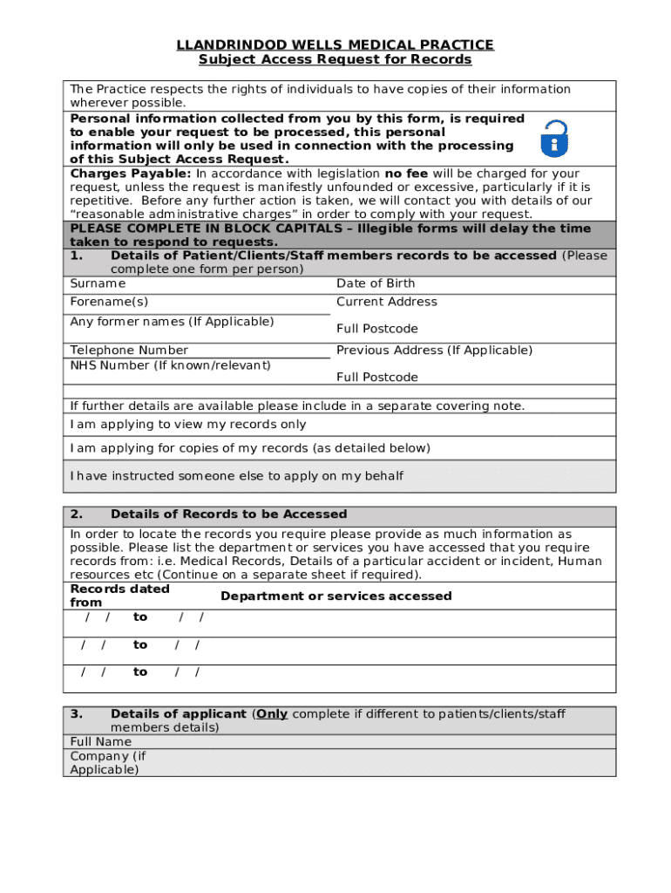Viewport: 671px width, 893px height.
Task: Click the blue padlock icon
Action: [553, 139]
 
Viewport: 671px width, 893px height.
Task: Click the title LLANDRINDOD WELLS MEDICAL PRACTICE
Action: [335, 44]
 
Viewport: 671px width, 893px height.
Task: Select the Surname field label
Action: [98, 283]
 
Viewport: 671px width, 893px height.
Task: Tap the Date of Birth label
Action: [376, 283]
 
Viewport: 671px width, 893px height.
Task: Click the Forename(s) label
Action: [109, 302]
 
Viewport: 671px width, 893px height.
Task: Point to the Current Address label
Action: [387, 302]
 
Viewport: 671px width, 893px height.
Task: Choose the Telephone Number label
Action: [129, 351]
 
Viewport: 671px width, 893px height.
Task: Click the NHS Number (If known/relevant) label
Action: [170, 365]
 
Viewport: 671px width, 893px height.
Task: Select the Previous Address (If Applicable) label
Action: [434, 351]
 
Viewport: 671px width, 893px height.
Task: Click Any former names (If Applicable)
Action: [172, 322]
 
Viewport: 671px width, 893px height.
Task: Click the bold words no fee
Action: [406, 174]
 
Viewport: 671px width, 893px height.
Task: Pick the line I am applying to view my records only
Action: [188, 425]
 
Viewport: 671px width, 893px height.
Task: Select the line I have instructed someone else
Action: [236, 476]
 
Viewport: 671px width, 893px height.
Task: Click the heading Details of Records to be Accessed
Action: [228, 515]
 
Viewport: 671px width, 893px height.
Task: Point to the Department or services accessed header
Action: [335, 596]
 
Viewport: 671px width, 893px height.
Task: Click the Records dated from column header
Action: [119, 596]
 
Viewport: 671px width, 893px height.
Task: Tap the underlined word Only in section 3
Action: [272, 714]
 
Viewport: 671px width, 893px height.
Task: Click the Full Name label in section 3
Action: [101, 742]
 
